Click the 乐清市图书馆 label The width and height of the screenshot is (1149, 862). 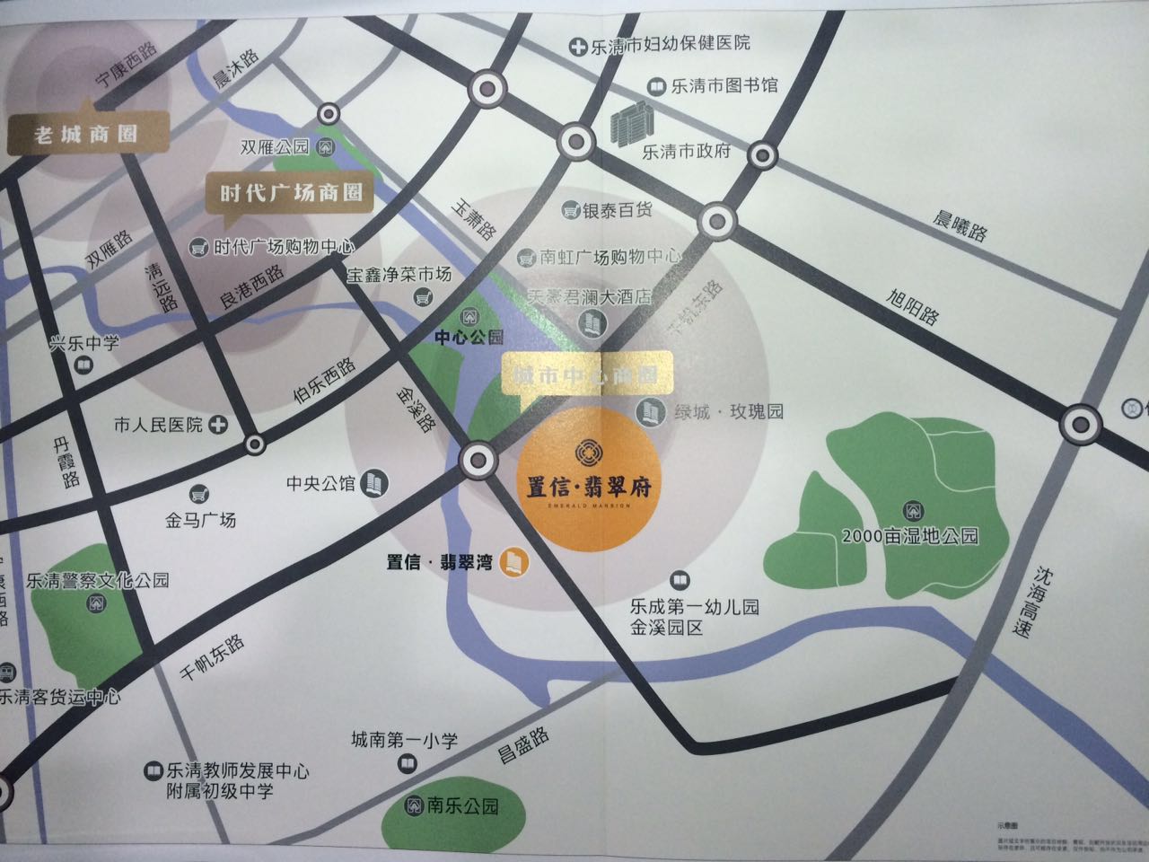[x=724, y=86]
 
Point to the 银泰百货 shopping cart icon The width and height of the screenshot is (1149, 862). [x=569, y=211]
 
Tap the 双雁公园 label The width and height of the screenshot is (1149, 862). [x=275, y=148]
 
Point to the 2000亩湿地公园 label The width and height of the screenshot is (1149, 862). [x=909, y=537]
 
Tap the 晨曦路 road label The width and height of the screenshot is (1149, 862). [x=959, y=224]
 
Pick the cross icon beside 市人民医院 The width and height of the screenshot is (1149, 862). [x=217, y=425]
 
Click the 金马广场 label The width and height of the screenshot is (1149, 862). [x=200, y=519]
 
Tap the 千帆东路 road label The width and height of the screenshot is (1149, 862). [x=213, y=658]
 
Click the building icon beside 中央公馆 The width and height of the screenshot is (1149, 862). [x=372, y=483]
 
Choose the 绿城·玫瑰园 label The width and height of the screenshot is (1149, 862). [x=729, y=412]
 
